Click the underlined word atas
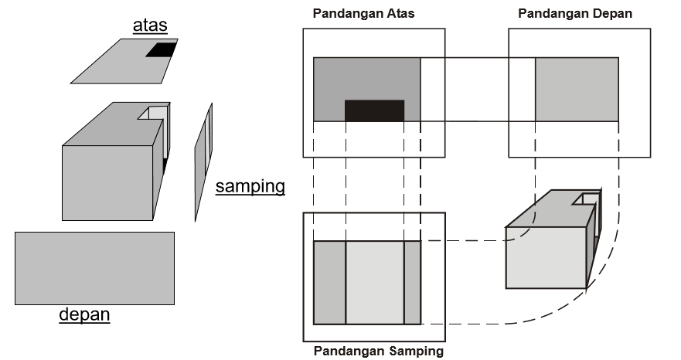point(150,25)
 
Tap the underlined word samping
point(250,186)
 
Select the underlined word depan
point(84,314)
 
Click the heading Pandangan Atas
point(363,13)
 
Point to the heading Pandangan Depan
point(575,13)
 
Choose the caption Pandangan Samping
point(379,351)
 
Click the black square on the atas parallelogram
point(162,49)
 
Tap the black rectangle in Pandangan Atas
point(374,110)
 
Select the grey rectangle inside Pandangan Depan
point(577,89)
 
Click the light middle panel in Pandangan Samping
point(375,282)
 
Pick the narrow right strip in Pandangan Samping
point(413,282)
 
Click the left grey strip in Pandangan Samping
point(329,282)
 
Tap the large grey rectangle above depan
point(94,268)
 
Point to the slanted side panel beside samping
point(203,162)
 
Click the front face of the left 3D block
point(107,183)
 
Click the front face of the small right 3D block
point(546,257)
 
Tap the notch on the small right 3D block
point(587,199)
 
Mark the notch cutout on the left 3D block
point(154,113)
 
